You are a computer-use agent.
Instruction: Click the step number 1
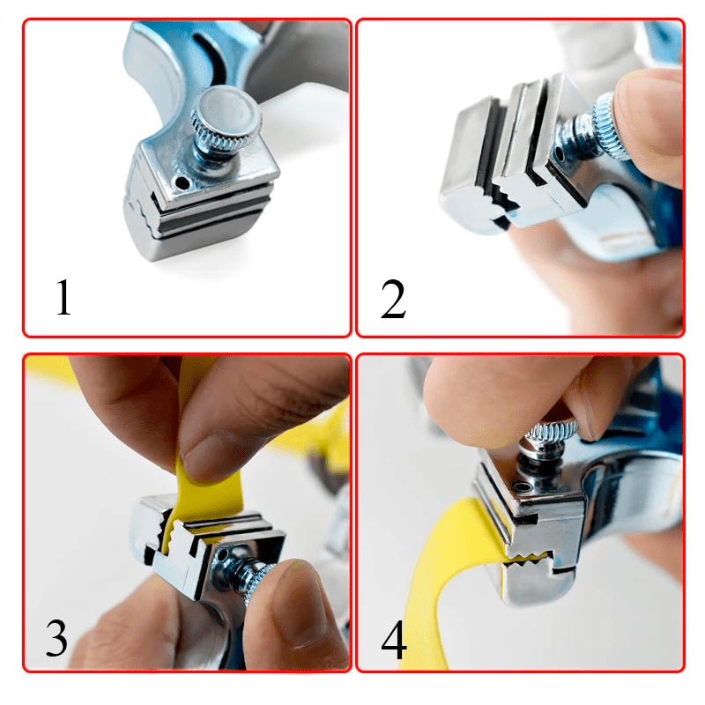pyautogui.click(x=63, y=297)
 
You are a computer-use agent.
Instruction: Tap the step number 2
pyautogui.click(x=393, y=299)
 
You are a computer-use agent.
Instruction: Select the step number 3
pyautogui.click(x=56, y=638)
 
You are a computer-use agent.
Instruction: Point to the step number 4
pyautogui.click(x=394, y=640)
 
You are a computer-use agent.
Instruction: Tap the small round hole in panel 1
pyautogui.click(x=182, y=182)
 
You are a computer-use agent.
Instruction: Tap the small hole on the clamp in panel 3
pyautogui.click(x=223, y=556)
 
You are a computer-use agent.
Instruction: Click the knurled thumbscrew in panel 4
pyautogui.click(x=552, y=431)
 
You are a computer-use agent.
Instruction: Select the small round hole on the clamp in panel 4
pyautogui.click(x=522, y=486)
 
